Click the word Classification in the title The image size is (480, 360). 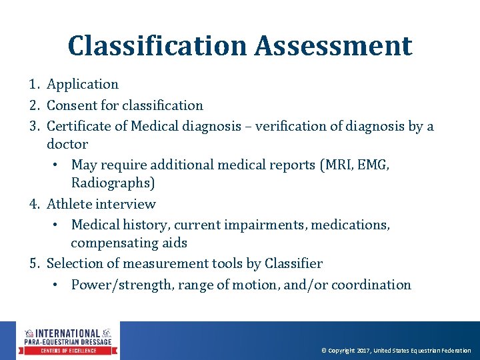157,46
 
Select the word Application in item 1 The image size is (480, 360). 83,85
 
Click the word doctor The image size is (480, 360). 67,144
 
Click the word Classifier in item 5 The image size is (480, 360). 293,264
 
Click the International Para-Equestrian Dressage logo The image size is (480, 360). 67,341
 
